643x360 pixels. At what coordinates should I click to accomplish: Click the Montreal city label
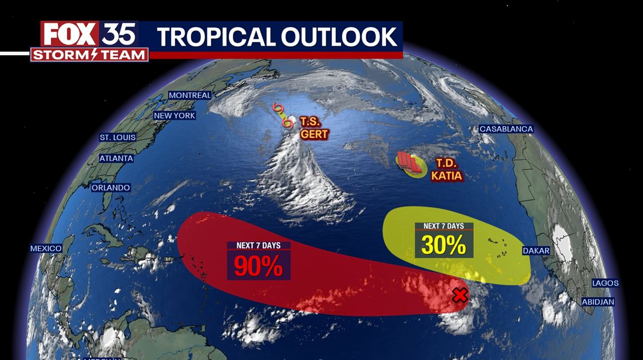click(190, 95)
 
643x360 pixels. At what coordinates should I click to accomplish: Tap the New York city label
click(175, 115)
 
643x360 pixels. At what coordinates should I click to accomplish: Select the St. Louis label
click(116, 137)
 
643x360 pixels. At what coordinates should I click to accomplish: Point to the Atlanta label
click(116, 158)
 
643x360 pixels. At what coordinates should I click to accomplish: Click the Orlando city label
click(111, 188)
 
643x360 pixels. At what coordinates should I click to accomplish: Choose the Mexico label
click(46, 248)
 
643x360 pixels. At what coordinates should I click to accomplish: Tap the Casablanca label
click(506, 129)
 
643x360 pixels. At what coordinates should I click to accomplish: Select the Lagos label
click(605, 283)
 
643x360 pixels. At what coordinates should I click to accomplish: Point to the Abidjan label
click(598, 302)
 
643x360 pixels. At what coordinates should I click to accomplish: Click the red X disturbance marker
click(460, 295)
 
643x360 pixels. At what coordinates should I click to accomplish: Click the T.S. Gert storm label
click(313, 128)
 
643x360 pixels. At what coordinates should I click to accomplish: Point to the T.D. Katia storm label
click(446, 170)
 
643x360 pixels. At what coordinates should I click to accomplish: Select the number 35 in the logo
click(119, 34)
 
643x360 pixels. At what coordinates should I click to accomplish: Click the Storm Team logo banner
click(89, 55)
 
